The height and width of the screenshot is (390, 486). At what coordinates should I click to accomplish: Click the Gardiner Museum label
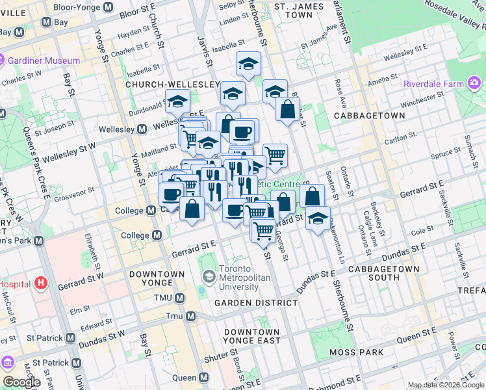coord(44,60)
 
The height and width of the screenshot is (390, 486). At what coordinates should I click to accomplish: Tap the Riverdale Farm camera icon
coord(474,83)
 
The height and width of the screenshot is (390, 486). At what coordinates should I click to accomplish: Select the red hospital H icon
coord(42,283)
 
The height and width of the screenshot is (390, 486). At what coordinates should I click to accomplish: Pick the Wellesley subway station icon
coord(142,129)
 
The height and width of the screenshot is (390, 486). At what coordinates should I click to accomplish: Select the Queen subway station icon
coord(204,378)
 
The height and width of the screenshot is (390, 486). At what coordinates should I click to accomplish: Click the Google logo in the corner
coord(21,382)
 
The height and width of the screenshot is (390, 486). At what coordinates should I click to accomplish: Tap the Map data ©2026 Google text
coord(445,385)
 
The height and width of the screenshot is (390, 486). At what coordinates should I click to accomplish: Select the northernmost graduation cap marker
coord(248,64)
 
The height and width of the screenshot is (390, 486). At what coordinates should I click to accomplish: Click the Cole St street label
coord(422,230)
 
